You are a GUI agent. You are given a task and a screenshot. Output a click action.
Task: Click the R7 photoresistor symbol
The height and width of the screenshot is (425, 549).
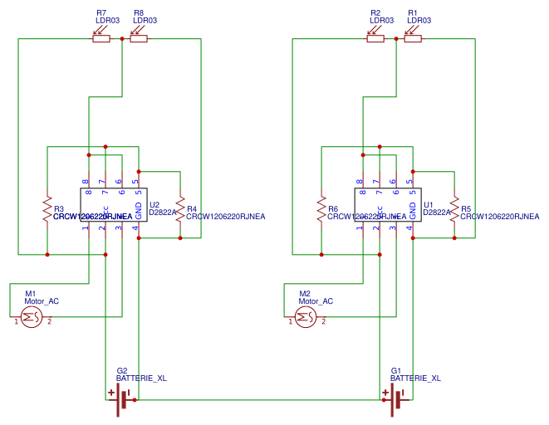101,38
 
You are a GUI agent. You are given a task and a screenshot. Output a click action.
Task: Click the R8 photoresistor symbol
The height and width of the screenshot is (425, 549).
139,38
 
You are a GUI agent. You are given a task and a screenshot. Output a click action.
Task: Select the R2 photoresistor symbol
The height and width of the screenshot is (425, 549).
375,38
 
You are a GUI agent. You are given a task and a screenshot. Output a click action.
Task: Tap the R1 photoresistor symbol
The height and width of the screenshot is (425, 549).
413,38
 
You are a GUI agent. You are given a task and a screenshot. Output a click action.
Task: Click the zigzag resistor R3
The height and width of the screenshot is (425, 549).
47,209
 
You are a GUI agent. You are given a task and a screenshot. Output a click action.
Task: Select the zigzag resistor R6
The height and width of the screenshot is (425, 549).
321,209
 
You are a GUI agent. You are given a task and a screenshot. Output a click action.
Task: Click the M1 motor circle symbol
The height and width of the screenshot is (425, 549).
31,316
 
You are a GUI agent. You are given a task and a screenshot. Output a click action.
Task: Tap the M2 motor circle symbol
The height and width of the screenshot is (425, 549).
305,316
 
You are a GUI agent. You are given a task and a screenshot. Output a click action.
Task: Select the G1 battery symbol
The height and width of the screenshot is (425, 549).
399,400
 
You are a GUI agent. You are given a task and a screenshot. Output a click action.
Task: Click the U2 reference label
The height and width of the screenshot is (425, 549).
154,203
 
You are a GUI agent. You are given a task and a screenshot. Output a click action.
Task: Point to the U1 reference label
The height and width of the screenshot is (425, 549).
429,203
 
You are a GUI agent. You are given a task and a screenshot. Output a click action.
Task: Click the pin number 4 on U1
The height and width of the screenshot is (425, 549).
409,227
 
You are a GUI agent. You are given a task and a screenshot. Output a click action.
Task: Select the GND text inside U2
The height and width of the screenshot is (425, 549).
139,210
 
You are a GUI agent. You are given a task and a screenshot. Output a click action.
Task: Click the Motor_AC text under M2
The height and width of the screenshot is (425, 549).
316,301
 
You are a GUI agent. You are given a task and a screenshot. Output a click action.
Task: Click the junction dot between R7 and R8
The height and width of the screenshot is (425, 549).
122,38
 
